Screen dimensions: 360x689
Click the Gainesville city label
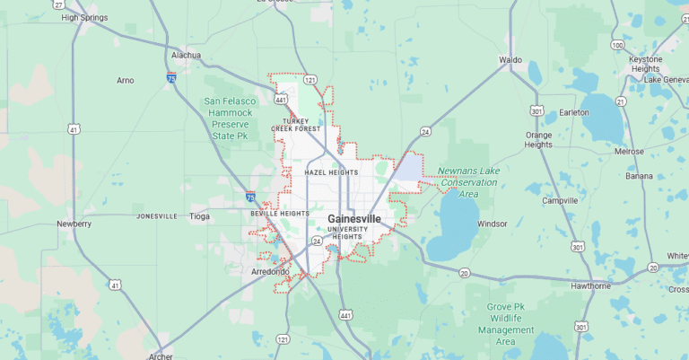pyautogui.click(x=353, y=219)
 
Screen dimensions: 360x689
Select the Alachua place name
pyautogui.click(x=186, y=55)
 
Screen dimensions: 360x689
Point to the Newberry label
pyautogui.click(x=74, y=224)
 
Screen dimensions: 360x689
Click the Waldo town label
pyautogui.click(x=510, y=60)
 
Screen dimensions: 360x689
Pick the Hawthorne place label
pyautogui.click(x=591, y=285)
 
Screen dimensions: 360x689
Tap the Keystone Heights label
pyautogui.click(x=646, y=64)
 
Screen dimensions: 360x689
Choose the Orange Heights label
pyautogui.click(x=538, y=139)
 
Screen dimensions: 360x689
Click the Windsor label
pyautogui.click(x=493, y=224)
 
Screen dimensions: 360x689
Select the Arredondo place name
pyautogui.click(x=271, y=271)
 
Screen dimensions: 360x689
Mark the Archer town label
pyautogui.click(x=161, y=355)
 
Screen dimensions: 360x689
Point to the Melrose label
pyautogui.click(x=629, y=152)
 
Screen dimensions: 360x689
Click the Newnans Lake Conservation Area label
pyautogui.click(x=467, y=182)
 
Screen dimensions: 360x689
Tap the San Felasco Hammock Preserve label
pyautogui.click(x=231, y=118)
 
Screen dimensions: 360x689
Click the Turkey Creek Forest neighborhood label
pyautogui.click(x=296, y=125)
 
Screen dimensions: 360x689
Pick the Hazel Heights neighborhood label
pyautogui.click(x=331, y=172)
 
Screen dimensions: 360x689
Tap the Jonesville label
pyautogui.click(x=158, y=216)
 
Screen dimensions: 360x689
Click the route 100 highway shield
pyautogui.click(x=617, y=45)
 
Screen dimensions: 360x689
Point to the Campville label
pyautogui.click(x=560, y=200)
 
